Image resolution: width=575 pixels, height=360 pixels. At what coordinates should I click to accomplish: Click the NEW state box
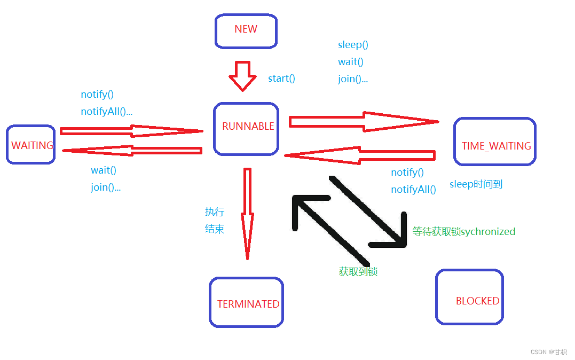pos(246,30)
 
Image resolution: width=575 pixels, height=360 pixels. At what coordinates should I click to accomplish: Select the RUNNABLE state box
pos(246,129)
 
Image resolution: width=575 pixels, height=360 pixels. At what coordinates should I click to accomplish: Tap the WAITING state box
pos(30,144)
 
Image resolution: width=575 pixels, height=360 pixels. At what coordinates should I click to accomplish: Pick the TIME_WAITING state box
pos(494,142)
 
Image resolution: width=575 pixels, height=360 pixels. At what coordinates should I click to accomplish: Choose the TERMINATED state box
pos(246,302)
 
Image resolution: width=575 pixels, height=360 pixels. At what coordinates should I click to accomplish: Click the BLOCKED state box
pos(469,297)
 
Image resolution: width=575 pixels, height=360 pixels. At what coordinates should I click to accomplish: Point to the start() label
pos(281,79)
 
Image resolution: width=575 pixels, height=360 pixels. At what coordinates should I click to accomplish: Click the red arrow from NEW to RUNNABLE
pos(243,76)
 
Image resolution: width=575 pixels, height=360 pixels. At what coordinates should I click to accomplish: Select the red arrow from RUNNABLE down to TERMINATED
pos(247,214)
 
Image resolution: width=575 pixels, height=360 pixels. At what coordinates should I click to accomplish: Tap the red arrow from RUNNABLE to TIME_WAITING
pos(363,122)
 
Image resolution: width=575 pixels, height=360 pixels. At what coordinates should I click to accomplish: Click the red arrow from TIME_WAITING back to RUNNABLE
pos(360,155)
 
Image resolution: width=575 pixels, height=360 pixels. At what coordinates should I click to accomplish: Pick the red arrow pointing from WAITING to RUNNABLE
pos(131,130)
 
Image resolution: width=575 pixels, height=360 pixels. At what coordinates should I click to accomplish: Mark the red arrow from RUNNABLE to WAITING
pos(131,151)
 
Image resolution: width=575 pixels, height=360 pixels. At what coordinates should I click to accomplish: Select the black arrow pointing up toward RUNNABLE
pos(326,224)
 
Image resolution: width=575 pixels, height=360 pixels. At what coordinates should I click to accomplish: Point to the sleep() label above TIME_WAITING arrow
pos(353,45)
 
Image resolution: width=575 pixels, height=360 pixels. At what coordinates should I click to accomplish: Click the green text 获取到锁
pos(358,271)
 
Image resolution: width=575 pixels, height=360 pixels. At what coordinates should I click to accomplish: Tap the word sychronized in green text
pos(487,231)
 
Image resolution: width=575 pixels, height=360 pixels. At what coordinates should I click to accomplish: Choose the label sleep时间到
pos(476,184)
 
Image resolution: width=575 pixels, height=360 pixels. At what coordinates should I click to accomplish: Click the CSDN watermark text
pos(548,352)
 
